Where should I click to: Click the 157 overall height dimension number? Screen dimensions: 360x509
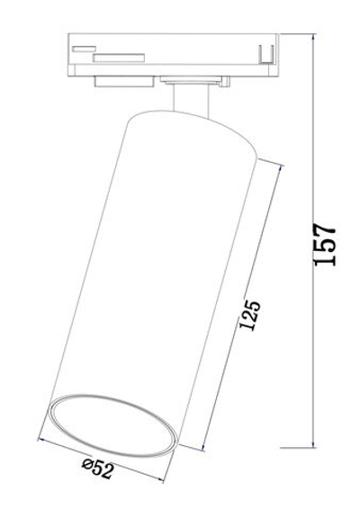tap(324, 244)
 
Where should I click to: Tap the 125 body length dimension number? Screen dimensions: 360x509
tap(250, 315)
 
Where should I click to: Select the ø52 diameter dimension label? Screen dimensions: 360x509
tap(98, 468)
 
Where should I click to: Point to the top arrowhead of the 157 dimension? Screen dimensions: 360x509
tap(313, 36)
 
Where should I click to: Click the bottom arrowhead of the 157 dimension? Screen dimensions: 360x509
tap(313, 445)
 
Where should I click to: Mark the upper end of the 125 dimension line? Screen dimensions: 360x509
tap(282, 166)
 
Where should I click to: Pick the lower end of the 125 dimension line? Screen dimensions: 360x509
tap(203, 451)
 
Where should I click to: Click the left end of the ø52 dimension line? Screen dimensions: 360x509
tap(39, 440)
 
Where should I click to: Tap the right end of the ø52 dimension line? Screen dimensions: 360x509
tap(163, 481)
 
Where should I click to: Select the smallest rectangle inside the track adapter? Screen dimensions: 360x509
tap(85, 49)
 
